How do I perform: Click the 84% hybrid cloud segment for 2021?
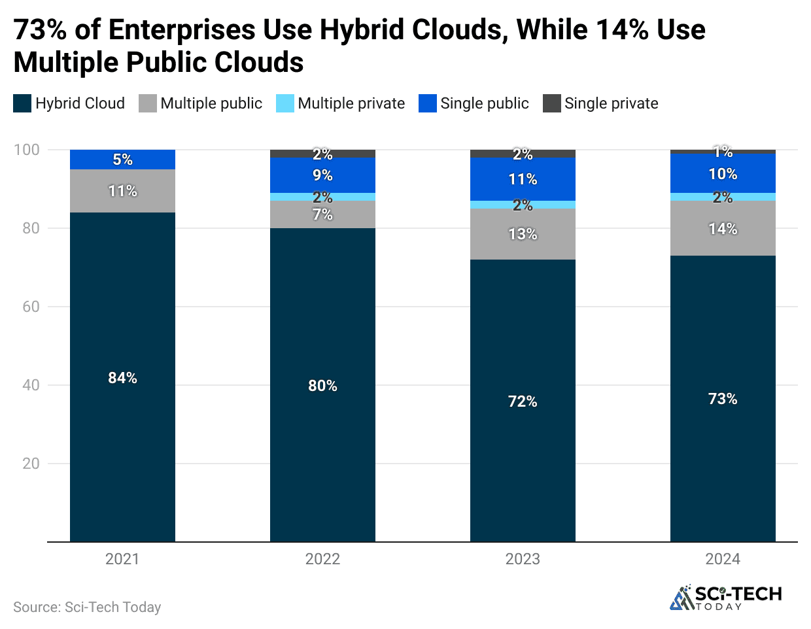point(122,377)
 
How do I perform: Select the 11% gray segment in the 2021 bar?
point(122,191)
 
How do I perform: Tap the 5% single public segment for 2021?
point(122,160)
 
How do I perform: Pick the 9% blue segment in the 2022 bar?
point(322,175)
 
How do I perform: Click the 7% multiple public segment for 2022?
point(322,214)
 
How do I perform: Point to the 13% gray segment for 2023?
point(523,234)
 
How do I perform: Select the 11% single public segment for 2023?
point(523,179)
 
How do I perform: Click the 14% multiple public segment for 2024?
point(723,228)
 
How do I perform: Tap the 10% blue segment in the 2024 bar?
point(723,174)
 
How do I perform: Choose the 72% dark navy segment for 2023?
point(523,401)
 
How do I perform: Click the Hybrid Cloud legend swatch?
point(22,103)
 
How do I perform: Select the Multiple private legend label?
point(351,103)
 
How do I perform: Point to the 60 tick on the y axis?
point(31,307)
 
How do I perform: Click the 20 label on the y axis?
point(31,464)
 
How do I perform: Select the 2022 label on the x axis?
point(322,559)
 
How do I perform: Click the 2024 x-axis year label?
point(723,559)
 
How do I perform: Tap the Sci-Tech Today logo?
point(726,597)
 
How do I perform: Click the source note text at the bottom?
point(87,607)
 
